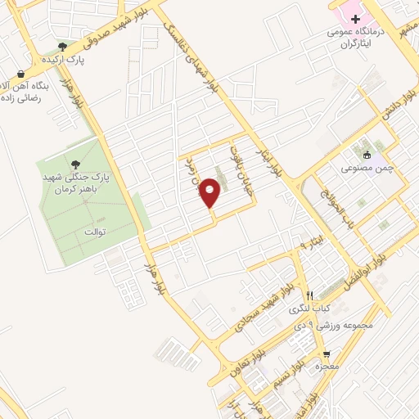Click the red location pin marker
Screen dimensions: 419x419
tap(211, 193)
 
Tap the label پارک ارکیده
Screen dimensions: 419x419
tap(65, 60)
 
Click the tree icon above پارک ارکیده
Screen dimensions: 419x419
tap(63, 47)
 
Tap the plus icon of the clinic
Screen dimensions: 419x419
tap(356, 18)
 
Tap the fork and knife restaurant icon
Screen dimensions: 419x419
tap(309, 296)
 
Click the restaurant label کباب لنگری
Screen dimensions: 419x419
tap(304, 310)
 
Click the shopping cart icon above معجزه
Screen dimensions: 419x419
tap(327, 354)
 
